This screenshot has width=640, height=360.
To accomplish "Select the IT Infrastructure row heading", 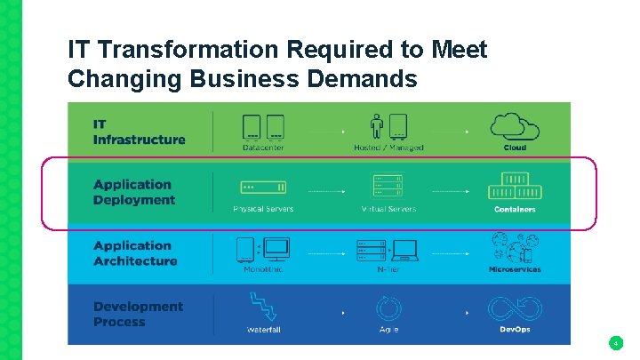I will [x=139, y=132].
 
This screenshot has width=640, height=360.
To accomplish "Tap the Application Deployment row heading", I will [x=134, y=192].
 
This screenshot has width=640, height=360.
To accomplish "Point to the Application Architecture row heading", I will [x=135, y=253].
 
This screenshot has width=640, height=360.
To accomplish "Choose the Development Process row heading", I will [x=138, y=314].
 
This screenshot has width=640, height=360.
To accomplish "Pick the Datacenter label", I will [x=263, y=148].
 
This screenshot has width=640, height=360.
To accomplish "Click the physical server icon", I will [x=263, y=188].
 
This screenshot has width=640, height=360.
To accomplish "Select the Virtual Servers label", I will [x=388, y=209].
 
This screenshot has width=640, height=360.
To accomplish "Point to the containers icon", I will [x=515, y=188].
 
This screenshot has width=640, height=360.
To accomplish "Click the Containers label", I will [x=515, y=209].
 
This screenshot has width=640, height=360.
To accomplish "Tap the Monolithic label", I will [x=263, y=269].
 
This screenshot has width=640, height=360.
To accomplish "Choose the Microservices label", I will [x=515, y=269].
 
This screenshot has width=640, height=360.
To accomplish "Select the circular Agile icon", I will [x=388, y=308].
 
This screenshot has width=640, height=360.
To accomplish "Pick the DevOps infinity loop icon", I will [x=515, y=308].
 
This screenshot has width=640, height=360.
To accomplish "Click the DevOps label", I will [x=515, y=330].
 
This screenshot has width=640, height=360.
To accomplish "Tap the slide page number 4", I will [x=615, y=342].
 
